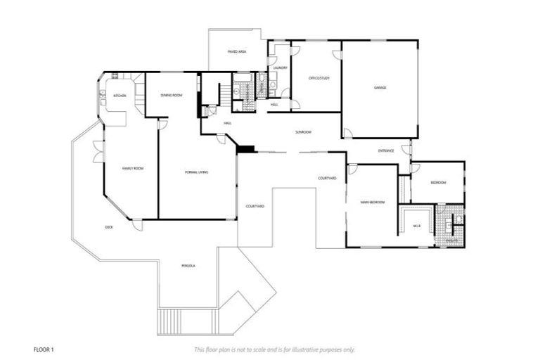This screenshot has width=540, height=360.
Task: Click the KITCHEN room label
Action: tap(120, 96)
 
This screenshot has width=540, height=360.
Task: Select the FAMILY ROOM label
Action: tap(133, 169)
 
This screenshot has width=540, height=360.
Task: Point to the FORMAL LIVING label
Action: tap(196, 172)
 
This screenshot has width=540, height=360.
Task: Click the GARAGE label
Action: tap(380, 88)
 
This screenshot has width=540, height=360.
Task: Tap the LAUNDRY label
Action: tap(281, 67)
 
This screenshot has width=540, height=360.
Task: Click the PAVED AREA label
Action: tap(236, 52)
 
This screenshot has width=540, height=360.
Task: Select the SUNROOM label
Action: tap(303, 132)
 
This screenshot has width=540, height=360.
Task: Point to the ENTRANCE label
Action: tap(386, 150)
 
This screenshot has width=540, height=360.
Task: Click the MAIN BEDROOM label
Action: tap(373, 202)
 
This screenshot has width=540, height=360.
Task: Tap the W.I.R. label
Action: tap(416, 226)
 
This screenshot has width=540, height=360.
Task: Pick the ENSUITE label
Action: tap(452, 241)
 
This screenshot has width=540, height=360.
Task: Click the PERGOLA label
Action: tap(188, 266)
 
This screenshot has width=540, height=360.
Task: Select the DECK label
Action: tap(109, 227)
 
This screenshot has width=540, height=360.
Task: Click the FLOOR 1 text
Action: tap(44, 349)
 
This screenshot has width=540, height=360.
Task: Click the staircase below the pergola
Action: tap(170, 322)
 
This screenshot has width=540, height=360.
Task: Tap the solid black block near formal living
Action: tap(246, 148)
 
